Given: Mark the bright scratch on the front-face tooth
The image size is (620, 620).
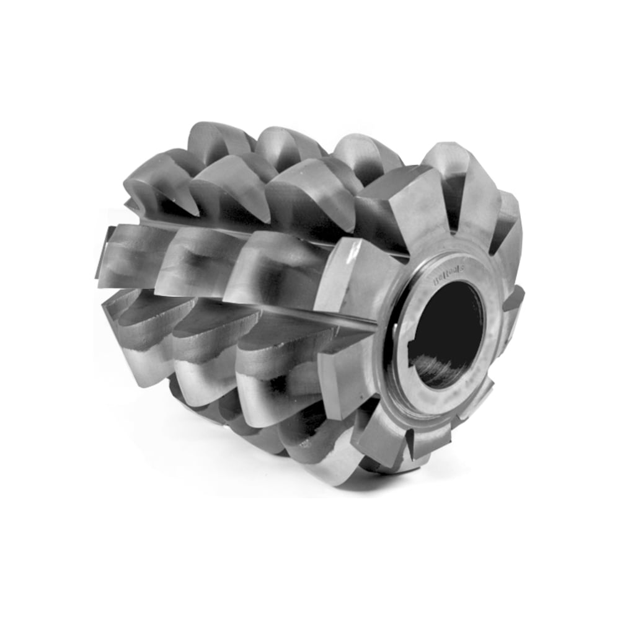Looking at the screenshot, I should click(x=354, y=255).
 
